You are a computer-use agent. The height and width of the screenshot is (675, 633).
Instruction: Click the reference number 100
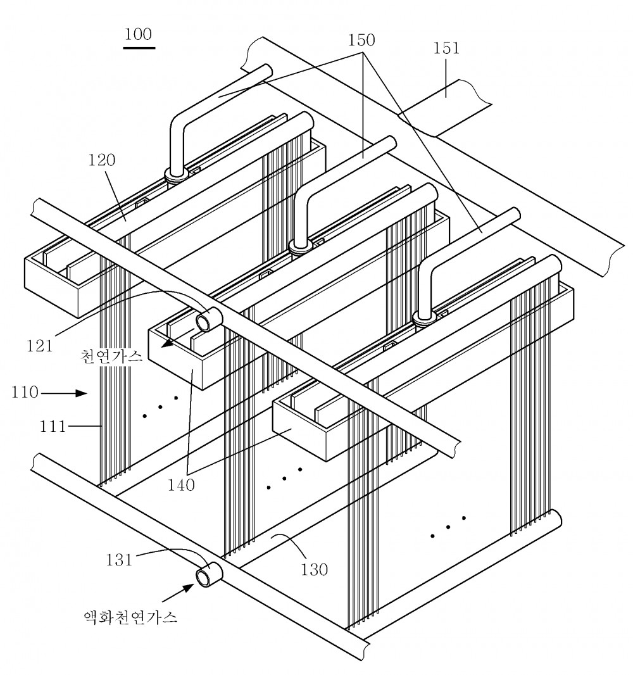(x=138, y=34)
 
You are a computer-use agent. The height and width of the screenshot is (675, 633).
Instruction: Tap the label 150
(x=361, y=40)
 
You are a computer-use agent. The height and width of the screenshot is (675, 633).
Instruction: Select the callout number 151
(x=446, y=48)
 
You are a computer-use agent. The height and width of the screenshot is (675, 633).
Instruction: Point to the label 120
(x=102, y=160)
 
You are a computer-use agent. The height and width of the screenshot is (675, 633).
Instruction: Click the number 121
(x=40, y=346)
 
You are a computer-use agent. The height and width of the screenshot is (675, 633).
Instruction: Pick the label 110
(x=25, y=393)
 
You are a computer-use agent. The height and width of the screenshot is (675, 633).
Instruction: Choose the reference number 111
(x=53, y=427)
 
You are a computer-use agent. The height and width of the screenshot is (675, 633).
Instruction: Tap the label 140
(x=181, y=485)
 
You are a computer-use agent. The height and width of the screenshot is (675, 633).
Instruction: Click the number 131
(x=119, y=560)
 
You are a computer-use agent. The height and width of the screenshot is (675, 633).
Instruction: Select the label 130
(x=315, y=569)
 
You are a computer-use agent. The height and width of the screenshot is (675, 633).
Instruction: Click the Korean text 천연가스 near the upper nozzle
(x=111, y=356)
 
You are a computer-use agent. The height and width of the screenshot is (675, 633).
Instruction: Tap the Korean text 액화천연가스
(x=130, y=617)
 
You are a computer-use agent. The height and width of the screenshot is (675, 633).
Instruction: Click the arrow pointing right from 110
(x=64, y=393)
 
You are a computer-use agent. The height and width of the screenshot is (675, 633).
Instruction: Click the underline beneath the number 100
(x=139, y=47)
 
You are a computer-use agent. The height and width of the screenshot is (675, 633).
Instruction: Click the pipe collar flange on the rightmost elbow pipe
(x=425, y=317)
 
